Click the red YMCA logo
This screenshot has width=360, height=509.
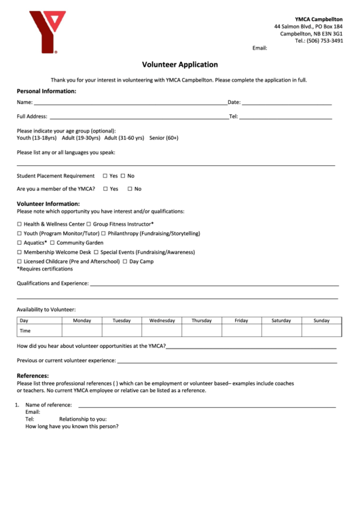click(46, 32)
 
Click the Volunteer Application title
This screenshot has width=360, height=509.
click(179, 65)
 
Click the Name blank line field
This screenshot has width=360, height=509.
click(129, 103)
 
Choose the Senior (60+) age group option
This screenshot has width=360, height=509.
click(164, 138)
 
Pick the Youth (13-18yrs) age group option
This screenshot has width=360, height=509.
click(37, 138)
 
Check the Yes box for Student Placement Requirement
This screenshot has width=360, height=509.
click(105, 176)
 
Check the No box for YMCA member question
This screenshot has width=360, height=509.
click(129, 189)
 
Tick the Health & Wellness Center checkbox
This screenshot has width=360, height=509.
click(19, 224)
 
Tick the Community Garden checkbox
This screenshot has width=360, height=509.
click(52, 243)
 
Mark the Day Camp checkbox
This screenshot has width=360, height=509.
click(125, 262)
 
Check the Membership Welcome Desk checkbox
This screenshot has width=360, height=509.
click(19, 252)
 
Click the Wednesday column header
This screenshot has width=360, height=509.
click(162, 321)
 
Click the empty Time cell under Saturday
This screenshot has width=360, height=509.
click(281, 331)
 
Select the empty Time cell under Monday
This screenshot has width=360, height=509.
click(82, 331)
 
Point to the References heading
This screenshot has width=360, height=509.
click(33, 376)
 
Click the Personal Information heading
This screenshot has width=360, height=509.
click(46, 91)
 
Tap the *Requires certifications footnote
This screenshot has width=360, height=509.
click(44, 269)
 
